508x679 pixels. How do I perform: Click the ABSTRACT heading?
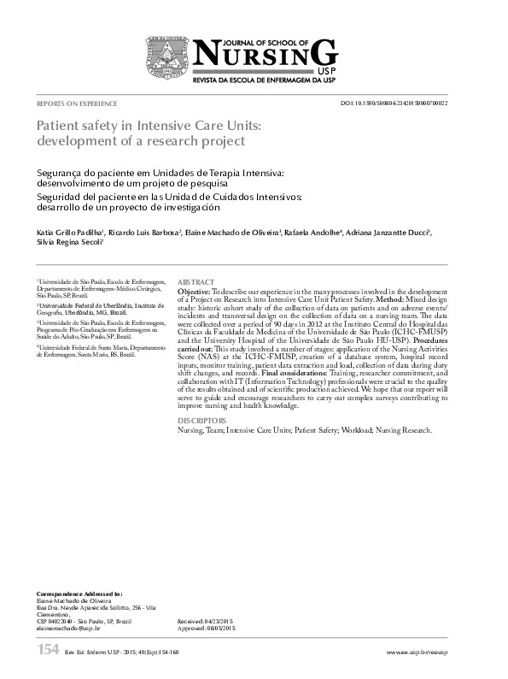coord(196,281)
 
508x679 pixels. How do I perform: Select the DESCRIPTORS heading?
coord(201,422)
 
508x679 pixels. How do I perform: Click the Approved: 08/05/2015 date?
coord(206,629)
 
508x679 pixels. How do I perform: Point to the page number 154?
coord(47,652)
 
